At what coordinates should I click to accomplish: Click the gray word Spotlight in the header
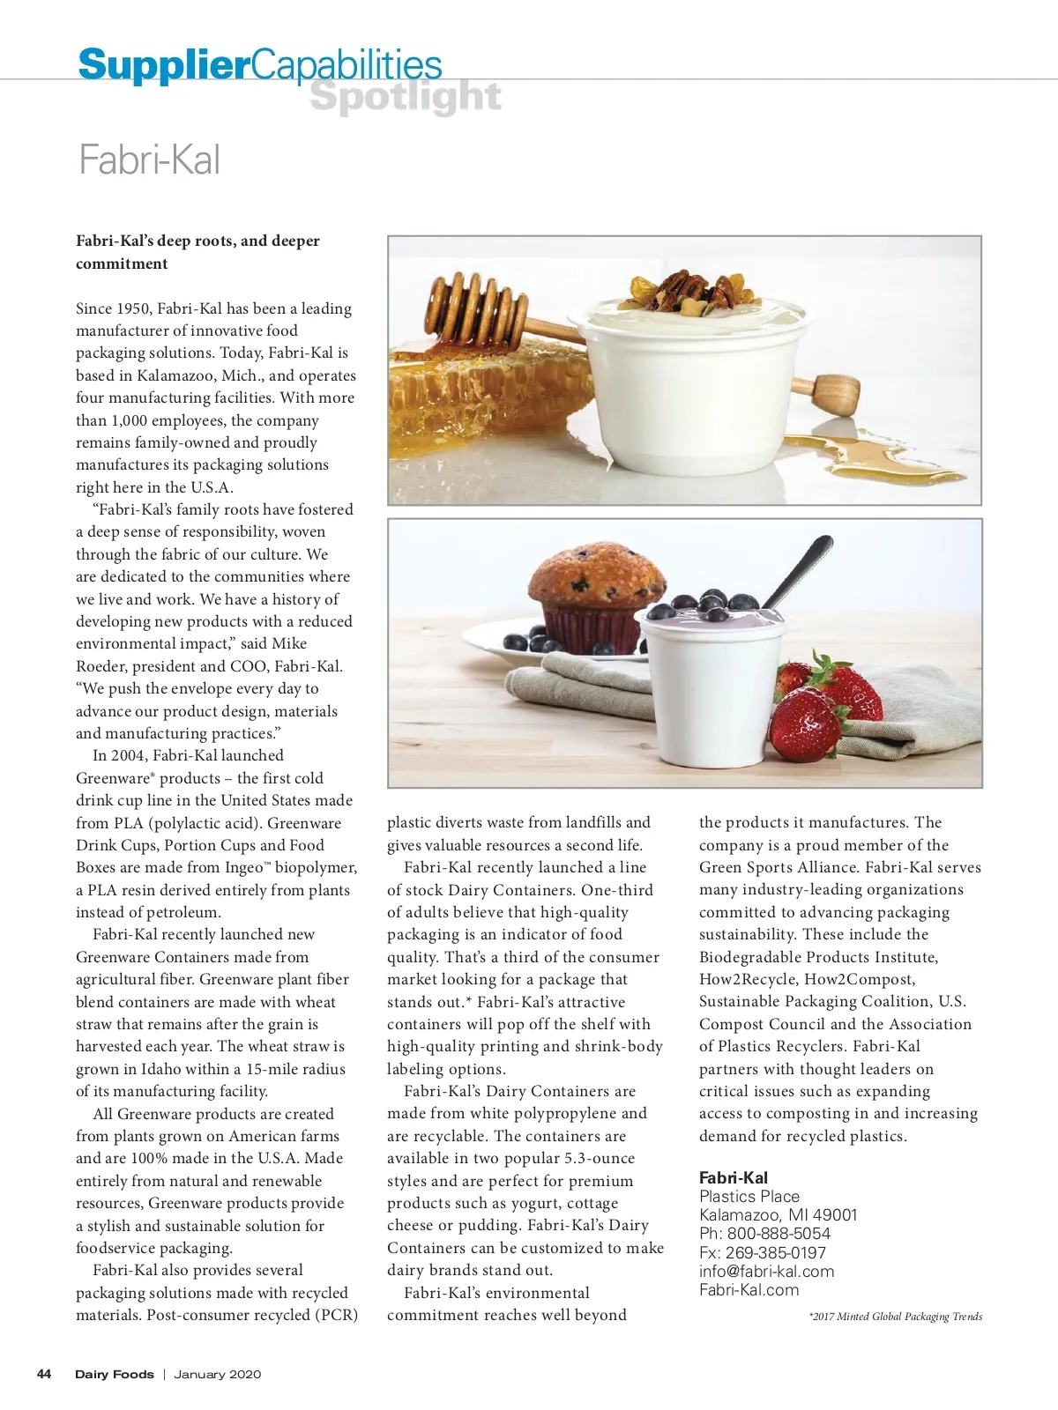point(406,98)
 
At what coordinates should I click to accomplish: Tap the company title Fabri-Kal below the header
point(149,160)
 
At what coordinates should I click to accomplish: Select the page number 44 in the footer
point(44,1374)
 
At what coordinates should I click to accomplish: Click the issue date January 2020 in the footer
point(217,1374)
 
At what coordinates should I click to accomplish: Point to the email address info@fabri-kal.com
point(766,1271)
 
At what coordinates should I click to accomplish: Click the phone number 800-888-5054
point(779,1233)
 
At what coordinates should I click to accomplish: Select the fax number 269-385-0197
point(776,1252)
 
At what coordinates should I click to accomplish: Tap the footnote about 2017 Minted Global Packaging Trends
point(895,1317)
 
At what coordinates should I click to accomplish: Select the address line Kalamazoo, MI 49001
point(778,1214)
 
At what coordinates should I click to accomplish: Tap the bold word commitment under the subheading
point(122,263)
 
